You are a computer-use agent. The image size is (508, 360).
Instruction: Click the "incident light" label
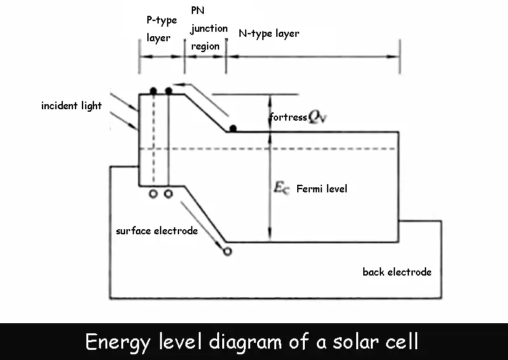pyautogui.click(x=71, y=106)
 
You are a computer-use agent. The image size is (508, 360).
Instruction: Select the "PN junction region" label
pyautogui.click(x=208, y=29)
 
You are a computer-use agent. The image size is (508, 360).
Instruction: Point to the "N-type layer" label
pyautogui.click(x=268, y=33)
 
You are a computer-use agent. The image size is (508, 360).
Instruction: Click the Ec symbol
pyautogui.click(x=281, y=188)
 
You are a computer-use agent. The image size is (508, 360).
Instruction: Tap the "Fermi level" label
pyautogui.click(x=322, y=189)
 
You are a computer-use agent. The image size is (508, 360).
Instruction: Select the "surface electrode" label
pyautogui.click(x=156, y=230)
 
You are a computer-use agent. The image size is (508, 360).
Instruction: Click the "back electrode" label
pyautogui.click(x=397, y=272)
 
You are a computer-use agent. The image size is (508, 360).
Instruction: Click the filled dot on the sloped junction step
pyautogui.click(x=233, y=129)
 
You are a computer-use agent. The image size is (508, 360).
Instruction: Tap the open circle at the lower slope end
pyautogui.click(x=228, y=251)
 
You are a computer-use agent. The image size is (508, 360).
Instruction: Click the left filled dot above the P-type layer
pyautogui.click(x=153, y=91)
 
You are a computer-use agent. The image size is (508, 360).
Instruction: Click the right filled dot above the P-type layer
pyautogui.click(x=168, y=91)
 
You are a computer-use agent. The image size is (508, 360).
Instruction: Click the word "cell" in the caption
pyautogui.click(x=400, y=342)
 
